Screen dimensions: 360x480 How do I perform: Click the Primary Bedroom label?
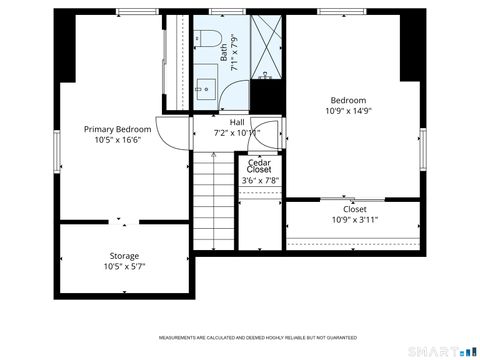117,129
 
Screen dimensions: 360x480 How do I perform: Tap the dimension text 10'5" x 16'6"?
117,140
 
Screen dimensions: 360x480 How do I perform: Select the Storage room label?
124,256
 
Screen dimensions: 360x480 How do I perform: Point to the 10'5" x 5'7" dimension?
124,267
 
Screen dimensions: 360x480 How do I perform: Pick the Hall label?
236,121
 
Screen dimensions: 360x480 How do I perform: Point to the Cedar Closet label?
259,166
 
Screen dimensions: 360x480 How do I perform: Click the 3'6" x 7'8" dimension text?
259,181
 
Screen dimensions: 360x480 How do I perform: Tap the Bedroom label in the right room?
348,100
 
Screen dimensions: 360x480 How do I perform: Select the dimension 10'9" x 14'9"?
348,111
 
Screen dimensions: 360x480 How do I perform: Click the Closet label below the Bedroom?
354,209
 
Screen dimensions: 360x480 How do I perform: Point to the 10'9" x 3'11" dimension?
354,219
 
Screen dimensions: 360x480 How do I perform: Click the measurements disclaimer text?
239,337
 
